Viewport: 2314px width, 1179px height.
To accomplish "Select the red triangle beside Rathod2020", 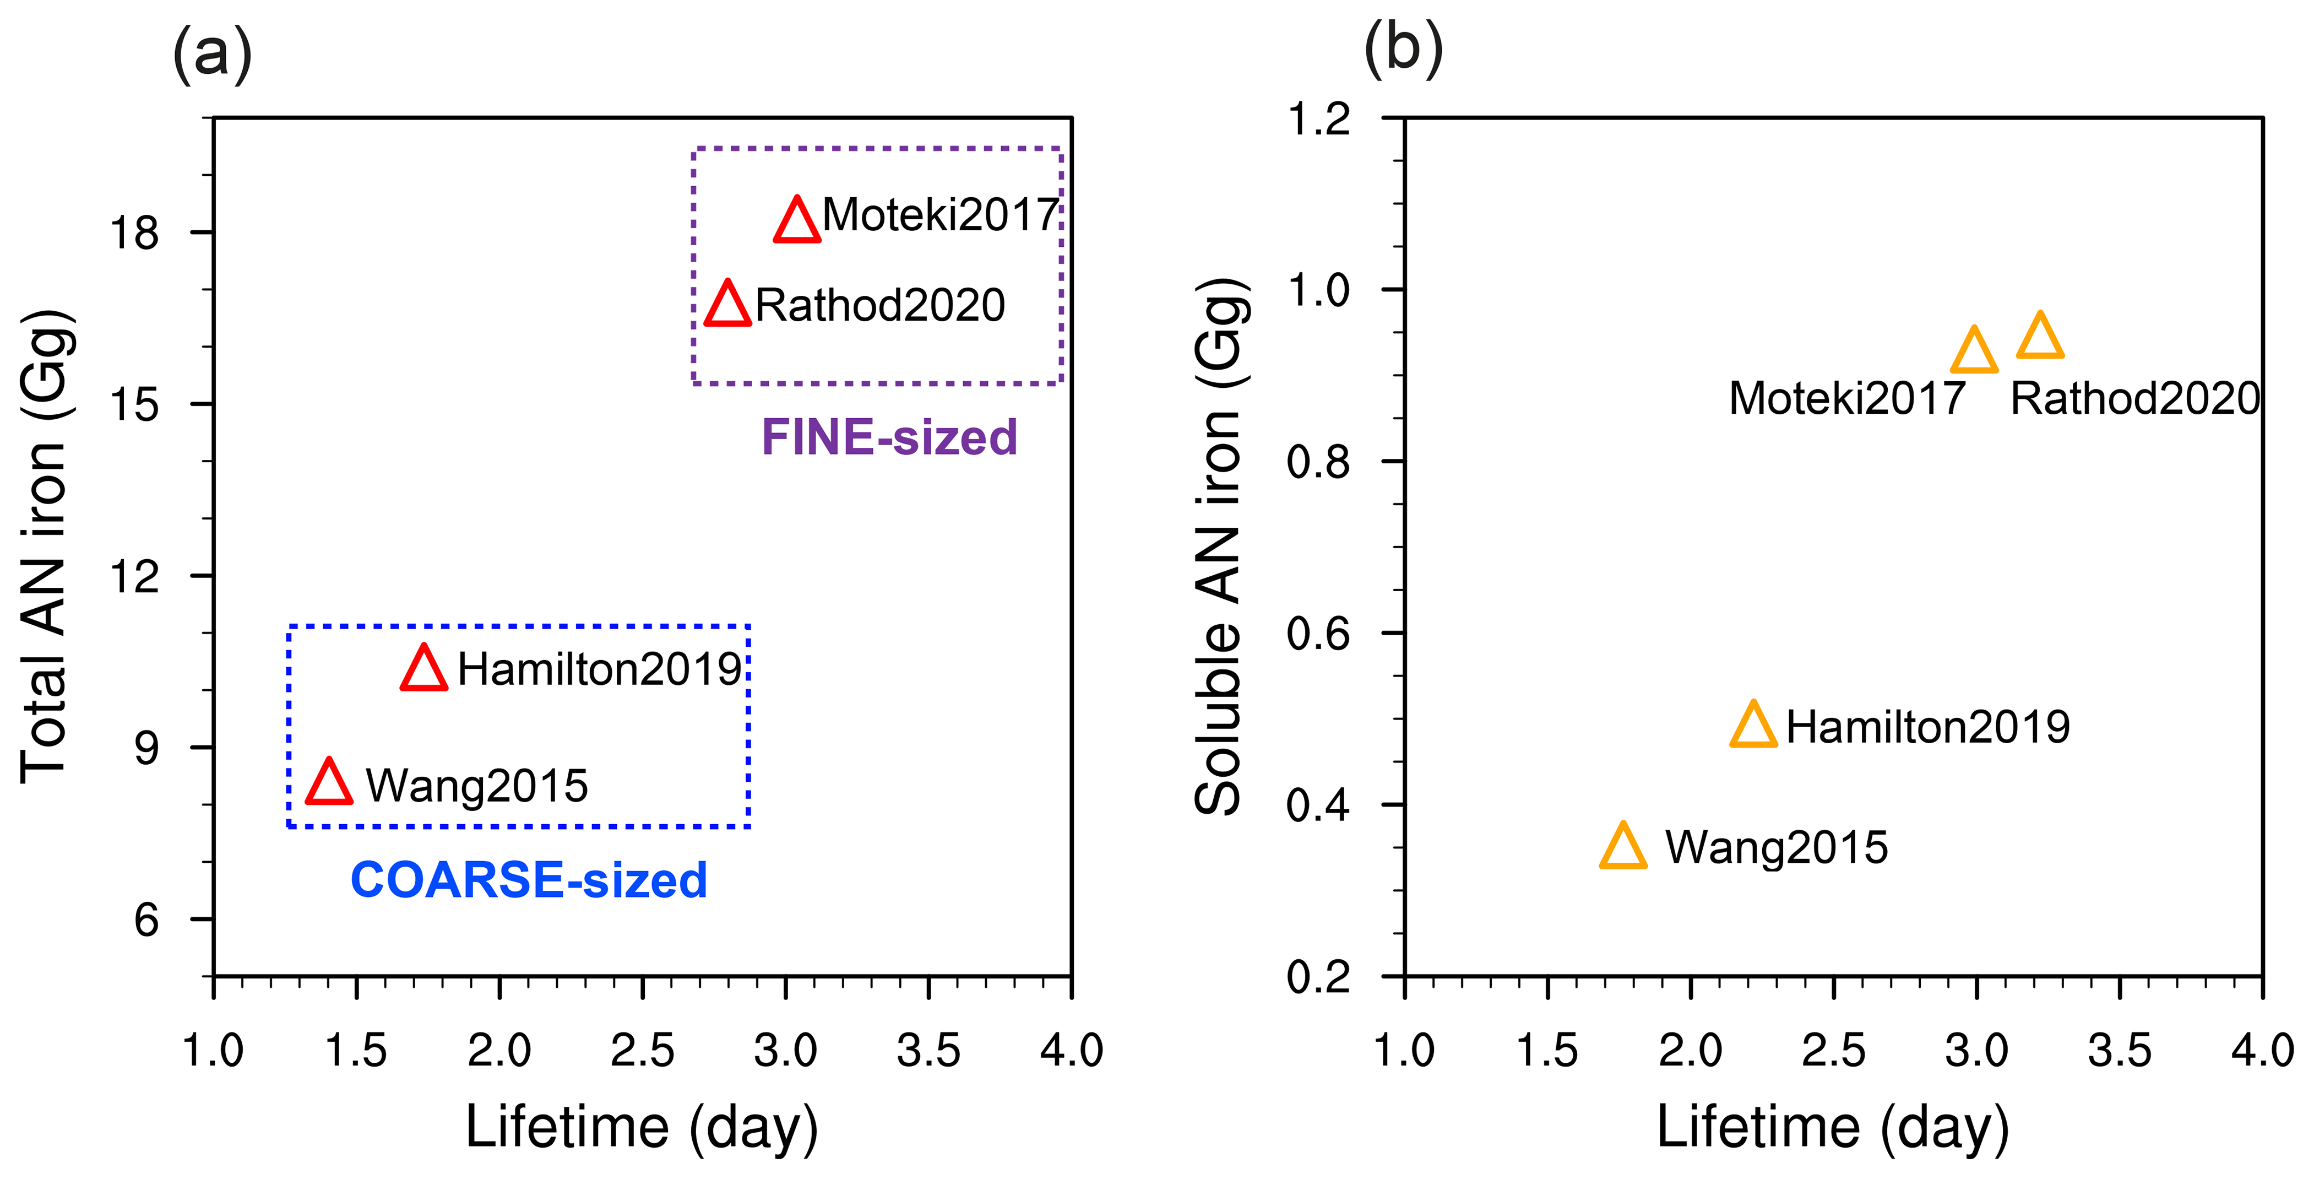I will click(x=727, y=306).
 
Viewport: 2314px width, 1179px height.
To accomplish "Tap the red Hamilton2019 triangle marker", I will click(x=424, y=670).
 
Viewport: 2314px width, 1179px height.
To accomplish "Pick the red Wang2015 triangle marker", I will click(x=330, y=783).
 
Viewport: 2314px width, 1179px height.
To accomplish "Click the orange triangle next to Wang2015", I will click(x=1623, y=848).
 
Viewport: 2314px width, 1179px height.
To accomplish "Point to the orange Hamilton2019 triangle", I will click(x=1753, y=727).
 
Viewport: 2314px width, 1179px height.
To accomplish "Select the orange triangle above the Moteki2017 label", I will click(x=1974, y=352).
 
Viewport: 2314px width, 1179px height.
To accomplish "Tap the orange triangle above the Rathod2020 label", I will click(x=2040, y=338).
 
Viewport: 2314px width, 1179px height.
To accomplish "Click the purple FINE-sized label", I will click(x=889, y=437).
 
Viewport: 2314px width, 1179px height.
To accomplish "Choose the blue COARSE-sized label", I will click(x=529, y=880).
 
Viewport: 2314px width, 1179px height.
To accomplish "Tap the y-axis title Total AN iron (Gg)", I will click(x=45, y=547).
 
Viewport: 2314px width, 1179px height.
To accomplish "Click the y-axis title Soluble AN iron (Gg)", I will click(x=1219, y=547).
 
